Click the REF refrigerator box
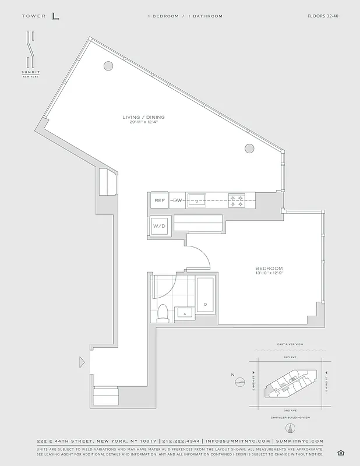click(x=160, y=200)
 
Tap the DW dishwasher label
click(x=177, y=200)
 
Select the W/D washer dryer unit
click(x=160, y=225)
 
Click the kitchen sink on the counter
click(x=197, y=200)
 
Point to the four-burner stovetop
click(x=236, y=200)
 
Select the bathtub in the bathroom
click(x=206, y=294)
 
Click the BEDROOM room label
click(x=269, y=268)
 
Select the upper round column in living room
click(x=108, y=67)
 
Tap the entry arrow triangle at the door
click(x=82, y=363)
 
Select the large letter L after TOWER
click(x=55, y=16)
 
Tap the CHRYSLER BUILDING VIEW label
click(x=289, y=418)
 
